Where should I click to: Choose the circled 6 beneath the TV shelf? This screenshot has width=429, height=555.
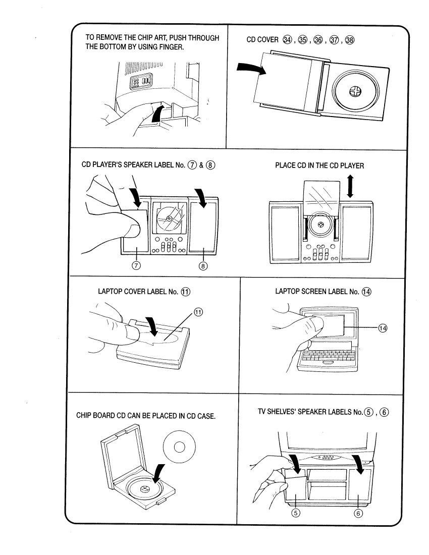(359, 513)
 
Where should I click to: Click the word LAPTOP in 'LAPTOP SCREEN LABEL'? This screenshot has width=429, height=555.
(288, 291)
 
